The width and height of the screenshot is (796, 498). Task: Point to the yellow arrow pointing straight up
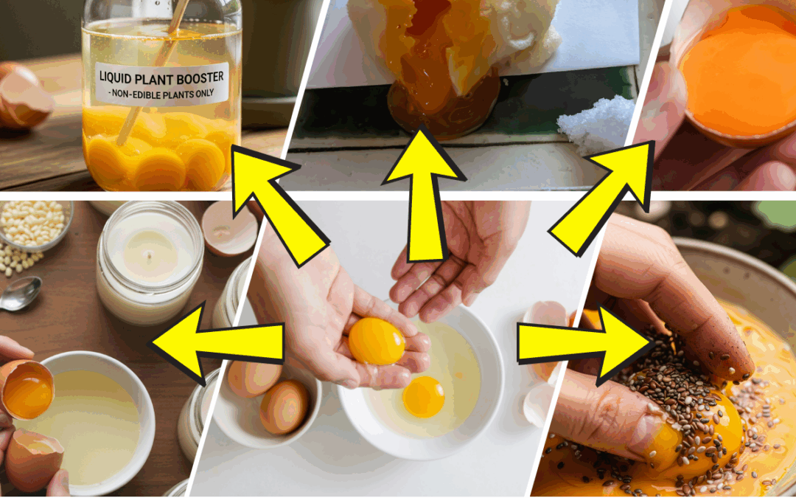pyautogui.click(x=422, y=192)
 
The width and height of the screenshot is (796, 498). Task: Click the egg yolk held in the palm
pyautogui.click(x=376, y=341)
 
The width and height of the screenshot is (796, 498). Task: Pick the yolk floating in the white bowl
pyautogui.click(x=423, y=396)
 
